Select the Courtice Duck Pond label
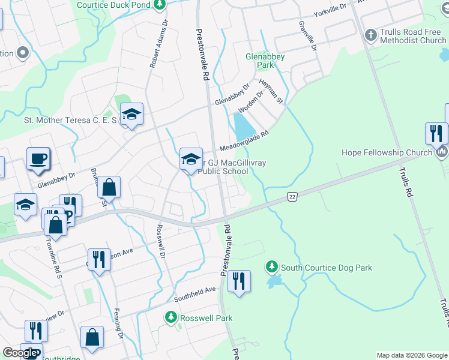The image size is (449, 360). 113,5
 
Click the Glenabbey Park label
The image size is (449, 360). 265,60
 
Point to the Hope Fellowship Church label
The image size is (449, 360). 387,152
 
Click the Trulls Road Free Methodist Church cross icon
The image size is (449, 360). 370,35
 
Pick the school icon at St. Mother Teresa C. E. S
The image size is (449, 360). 131,114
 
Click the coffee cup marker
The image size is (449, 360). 38,159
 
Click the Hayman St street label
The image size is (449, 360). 271,91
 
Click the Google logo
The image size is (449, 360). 20,353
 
